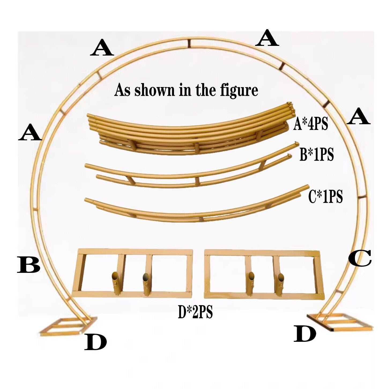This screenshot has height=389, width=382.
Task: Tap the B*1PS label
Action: pos(317,155)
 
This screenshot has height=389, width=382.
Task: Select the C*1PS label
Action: pos(325,197)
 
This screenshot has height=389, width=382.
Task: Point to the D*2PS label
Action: pos(195,313)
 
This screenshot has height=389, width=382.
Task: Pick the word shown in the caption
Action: pos(152,90)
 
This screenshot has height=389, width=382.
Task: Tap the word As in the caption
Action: pos(123,90)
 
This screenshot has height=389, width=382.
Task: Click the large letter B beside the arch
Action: pos(29,265)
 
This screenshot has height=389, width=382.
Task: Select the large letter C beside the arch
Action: pos(360,258)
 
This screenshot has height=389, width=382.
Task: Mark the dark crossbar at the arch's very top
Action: pos(189,43)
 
